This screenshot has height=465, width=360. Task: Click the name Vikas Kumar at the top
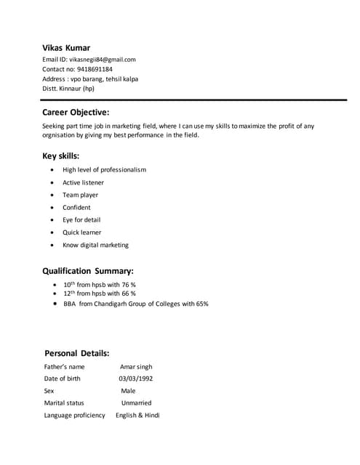pos(66,47)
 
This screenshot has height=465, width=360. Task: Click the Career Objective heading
pos(76,112)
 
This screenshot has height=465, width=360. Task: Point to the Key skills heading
pos(61,155)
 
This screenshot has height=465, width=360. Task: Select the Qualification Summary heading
pos(88,271)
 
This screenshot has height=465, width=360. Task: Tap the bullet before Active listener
pos(53,182)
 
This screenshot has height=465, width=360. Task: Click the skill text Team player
pos(80,195)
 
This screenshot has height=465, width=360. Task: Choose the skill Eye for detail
pos(81,219)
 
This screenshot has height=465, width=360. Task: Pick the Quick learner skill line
pos(82,232)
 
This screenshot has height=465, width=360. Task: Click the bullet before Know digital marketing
pos(53,245)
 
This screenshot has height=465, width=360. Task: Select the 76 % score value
pos(128,284)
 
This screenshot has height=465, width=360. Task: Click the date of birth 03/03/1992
pos(136,379)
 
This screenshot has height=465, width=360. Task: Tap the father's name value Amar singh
pos(136,367)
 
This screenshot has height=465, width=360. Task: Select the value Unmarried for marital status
pos(136,403)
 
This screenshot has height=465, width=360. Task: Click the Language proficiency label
pos(74,415)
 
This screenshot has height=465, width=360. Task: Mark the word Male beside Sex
pos(128,391)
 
